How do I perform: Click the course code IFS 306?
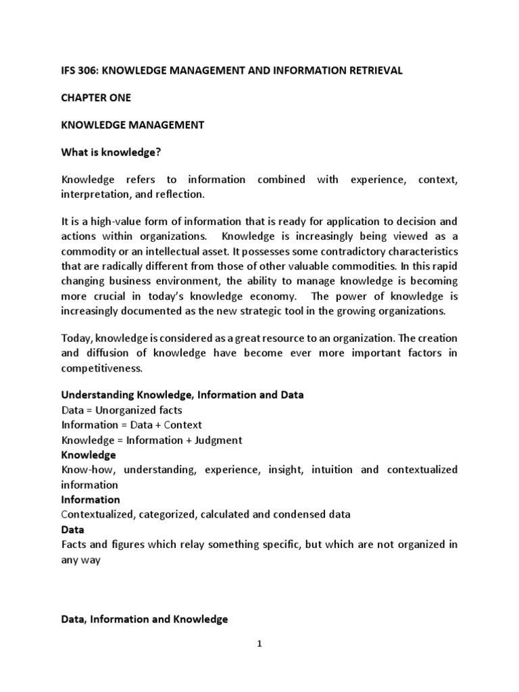(78, 71)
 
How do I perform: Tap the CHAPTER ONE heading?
(97, 98)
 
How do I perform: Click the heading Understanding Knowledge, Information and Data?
(182, 395)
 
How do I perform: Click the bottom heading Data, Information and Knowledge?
(145, 618)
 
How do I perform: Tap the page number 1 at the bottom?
(259, 644)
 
